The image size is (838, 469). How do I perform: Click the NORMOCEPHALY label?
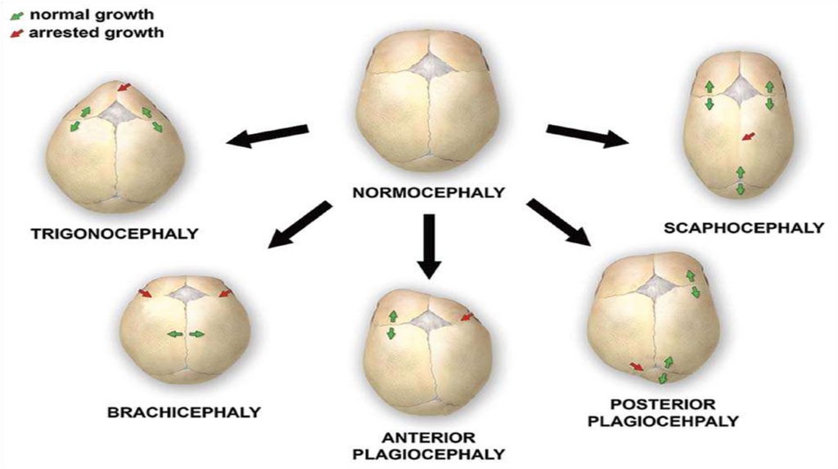[x=428, y=194]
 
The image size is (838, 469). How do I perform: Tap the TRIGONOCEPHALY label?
[x=115, y=233]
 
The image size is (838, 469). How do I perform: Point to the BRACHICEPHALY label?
[x=184, y=412]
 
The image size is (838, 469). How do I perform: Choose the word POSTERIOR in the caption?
[x=662, y=404]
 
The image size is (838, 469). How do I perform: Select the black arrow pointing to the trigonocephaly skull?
[x=268, y=136]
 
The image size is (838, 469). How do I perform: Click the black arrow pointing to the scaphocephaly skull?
[x=587, y=135]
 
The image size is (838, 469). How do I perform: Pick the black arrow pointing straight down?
[x=429, y=245]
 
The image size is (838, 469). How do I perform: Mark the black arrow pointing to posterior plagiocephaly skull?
[x=559, y=221]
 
